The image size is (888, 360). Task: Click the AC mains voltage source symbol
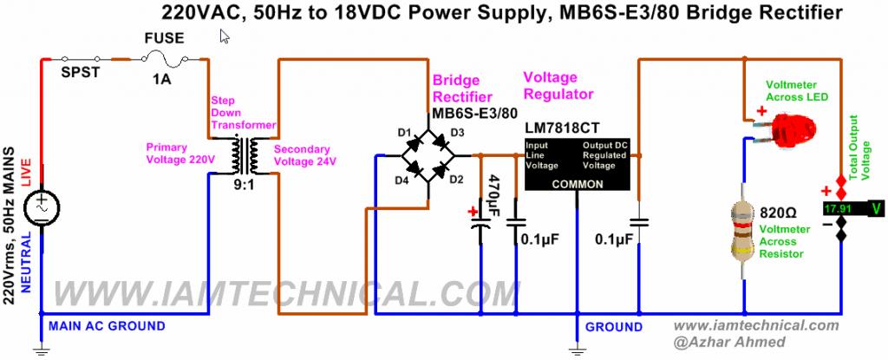41,206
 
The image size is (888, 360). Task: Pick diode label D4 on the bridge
402,180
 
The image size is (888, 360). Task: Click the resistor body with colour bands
744,230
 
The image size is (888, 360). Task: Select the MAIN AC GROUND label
106,326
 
